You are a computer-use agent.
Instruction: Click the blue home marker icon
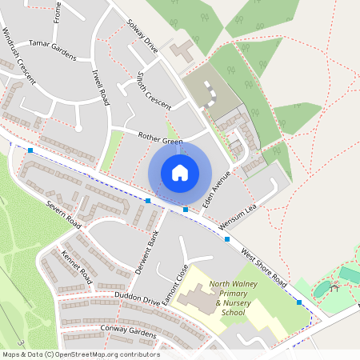tap(180, 172)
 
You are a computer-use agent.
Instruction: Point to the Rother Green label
tap(161, 140)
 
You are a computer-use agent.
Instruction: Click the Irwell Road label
tap(100, 86)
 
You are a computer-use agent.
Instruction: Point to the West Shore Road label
tap(263, 266)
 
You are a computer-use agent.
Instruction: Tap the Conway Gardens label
tap(128, 330)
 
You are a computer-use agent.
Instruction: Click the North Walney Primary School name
tap(233, 298)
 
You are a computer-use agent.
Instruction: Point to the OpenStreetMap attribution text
tap(80, 354)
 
